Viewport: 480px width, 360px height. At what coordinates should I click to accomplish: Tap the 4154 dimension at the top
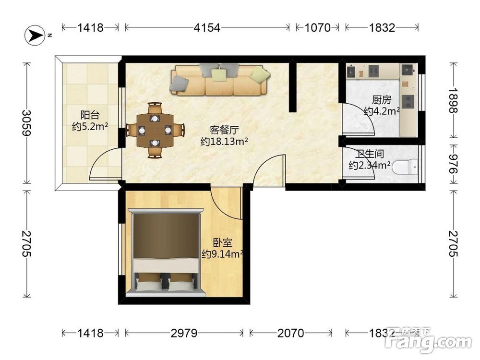(x=207, y=28)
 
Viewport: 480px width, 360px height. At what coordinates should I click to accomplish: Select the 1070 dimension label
(x=318, y=28)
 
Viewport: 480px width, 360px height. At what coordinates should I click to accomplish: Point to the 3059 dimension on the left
(x=27, y=123)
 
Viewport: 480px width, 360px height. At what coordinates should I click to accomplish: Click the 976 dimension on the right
(x=453, y=164)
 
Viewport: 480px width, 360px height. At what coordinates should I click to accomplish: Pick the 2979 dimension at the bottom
(x=184, y=333)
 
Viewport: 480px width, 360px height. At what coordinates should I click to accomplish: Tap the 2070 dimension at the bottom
(x=291, y=333)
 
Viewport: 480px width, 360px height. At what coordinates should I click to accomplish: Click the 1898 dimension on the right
(x=453, y=100)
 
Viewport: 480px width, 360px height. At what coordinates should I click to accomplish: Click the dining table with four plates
(x=155, y=130)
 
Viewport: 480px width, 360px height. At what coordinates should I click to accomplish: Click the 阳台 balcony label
(x=90, y=115)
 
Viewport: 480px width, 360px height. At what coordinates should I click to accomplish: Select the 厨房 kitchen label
(x=382, y=99)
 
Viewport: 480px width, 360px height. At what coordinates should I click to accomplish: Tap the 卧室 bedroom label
(x=223, y=243)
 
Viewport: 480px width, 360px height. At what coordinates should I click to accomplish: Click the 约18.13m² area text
(x=224, y=142)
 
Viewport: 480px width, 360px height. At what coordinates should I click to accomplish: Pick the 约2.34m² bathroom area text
(x=370, y=165)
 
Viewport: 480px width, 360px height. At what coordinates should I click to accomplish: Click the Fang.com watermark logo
(x=428, y=340)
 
